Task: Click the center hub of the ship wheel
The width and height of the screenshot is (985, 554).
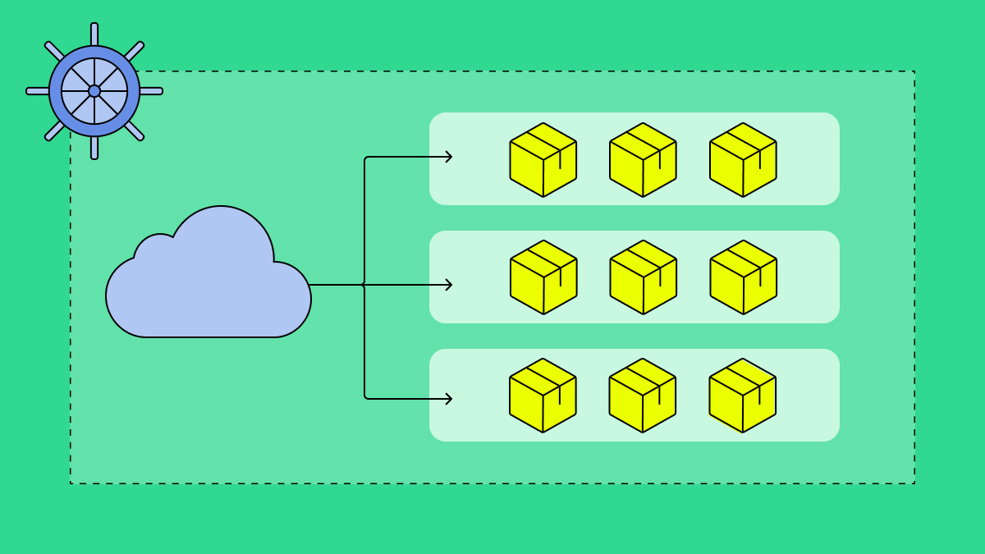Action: click(x=94, y=91)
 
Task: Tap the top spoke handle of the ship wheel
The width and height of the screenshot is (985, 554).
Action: click(x=94, y=33)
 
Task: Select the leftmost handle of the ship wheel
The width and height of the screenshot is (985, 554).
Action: click(x=37, y=91)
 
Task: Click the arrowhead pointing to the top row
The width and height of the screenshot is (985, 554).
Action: click(x=448, y=157)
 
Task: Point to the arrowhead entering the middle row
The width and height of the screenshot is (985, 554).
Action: click(x=448, y=285)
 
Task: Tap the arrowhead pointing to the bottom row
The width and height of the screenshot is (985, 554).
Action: click(x=448, y=399)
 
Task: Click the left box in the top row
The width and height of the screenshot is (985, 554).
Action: click(x=543, y=161)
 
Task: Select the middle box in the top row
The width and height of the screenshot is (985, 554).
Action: click(x=643, y=161)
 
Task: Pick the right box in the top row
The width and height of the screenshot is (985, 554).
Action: click(x=743, y=161)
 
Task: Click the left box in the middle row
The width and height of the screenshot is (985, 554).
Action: click(x=543, y=278)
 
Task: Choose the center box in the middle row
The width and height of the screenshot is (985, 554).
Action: click(x=644, y=278)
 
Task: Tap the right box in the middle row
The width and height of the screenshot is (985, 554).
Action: click(x=744, y=278)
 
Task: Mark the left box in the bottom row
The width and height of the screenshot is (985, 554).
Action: click(x=543, y=396)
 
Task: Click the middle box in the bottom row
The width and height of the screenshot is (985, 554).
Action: click(x=643, y=396)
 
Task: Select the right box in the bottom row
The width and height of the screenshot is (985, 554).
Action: click(x=743, y=396)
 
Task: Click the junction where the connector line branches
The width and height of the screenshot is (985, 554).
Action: click(x=364, y=285)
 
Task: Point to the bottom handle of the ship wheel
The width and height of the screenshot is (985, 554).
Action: click(x=94, y=149)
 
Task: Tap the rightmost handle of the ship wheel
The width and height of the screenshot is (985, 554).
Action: click(x=153, y=91)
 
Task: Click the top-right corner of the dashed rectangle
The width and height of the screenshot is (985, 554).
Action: click(x=914, y=71)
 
